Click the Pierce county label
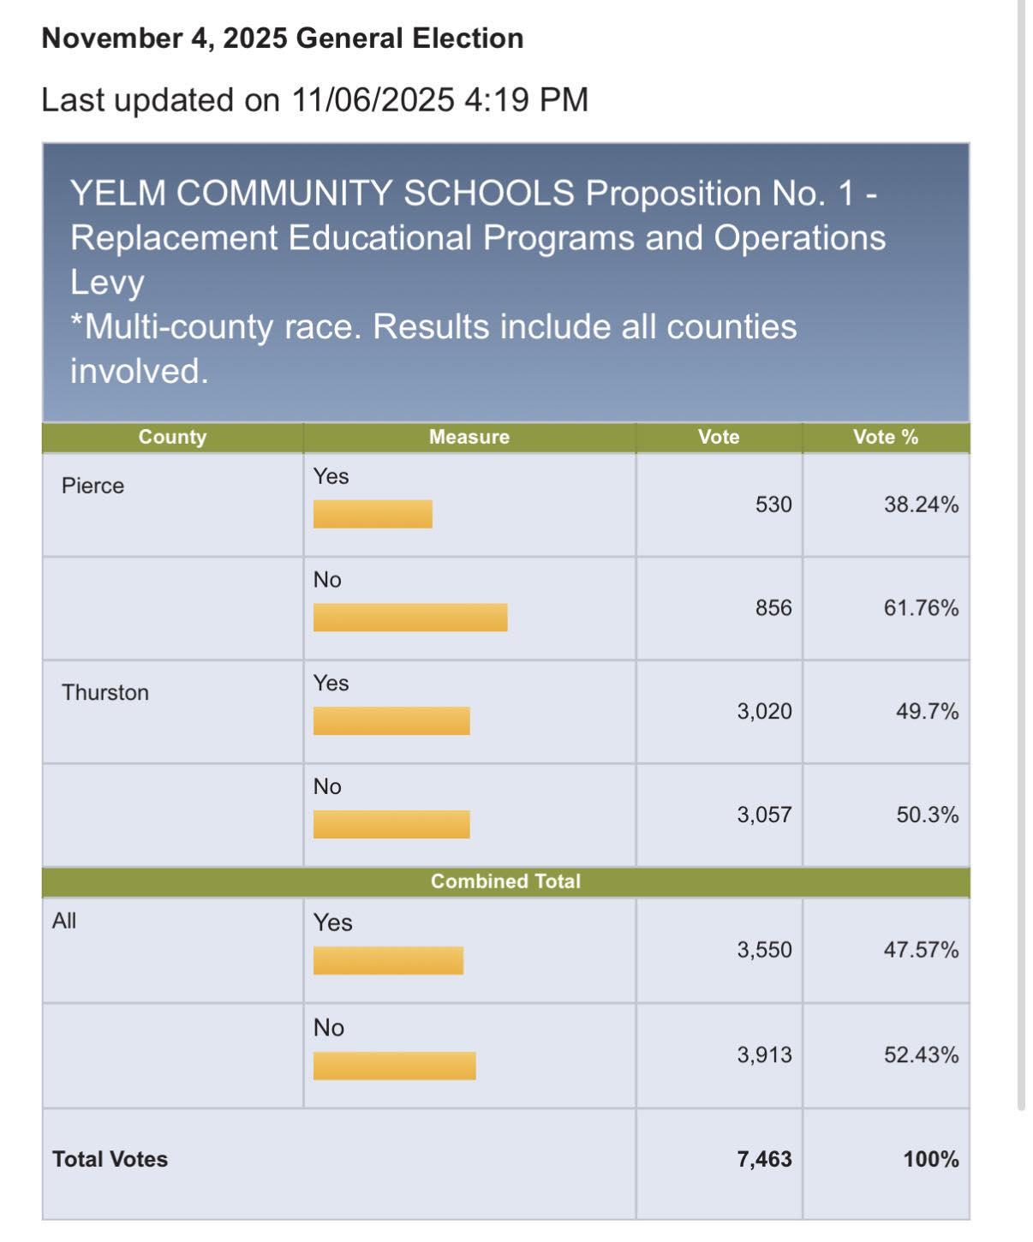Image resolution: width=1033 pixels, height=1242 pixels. coord(93,486)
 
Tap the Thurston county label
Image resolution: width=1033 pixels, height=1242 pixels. coord(105,693)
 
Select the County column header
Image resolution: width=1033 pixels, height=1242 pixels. coord(172,437)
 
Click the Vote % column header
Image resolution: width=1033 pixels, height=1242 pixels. coord(886,437)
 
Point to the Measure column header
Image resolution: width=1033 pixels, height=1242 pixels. coord(469,437)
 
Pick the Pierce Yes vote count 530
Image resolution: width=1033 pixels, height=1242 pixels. coord(773,505)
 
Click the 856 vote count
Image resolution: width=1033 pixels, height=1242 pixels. coord(773,608)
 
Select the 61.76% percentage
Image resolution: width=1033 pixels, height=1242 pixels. coord(921,608)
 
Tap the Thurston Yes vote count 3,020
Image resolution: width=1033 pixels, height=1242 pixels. coord(765,712)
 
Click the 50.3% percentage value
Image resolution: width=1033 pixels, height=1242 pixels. coord(928,815)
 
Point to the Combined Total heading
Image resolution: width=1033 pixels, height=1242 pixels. coord(505,881)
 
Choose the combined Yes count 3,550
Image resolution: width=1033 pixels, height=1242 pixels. coord(765,951)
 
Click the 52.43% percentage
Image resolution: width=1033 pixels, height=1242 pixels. coord(921,1055)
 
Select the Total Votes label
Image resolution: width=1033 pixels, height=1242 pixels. coord(110,1159)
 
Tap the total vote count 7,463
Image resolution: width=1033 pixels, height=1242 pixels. coord(765,1160)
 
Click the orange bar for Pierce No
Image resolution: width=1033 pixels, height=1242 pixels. coord(410,618)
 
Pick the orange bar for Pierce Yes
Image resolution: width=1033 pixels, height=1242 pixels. coord(373,514)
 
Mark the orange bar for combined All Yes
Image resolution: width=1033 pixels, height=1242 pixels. coord(389,961)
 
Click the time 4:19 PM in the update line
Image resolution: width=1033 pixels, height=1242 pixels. coord(526,100)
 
